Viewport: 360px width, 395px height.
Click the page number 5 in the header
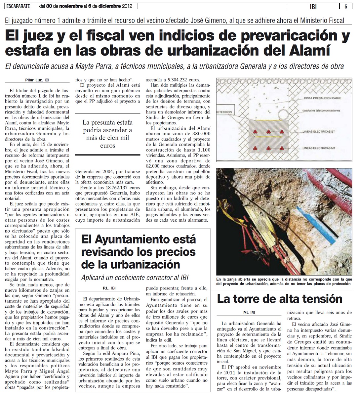click(x=345, y=6)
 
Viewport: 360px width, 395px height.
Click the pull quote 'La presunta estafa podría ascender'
click(x=107, y=134)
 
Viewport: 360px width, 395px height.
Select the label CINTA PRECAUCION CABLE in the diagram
click(x=322, y=98)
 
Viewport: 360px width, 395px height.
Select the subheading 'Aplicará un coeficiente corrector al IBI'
click(x=135, y=277)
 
